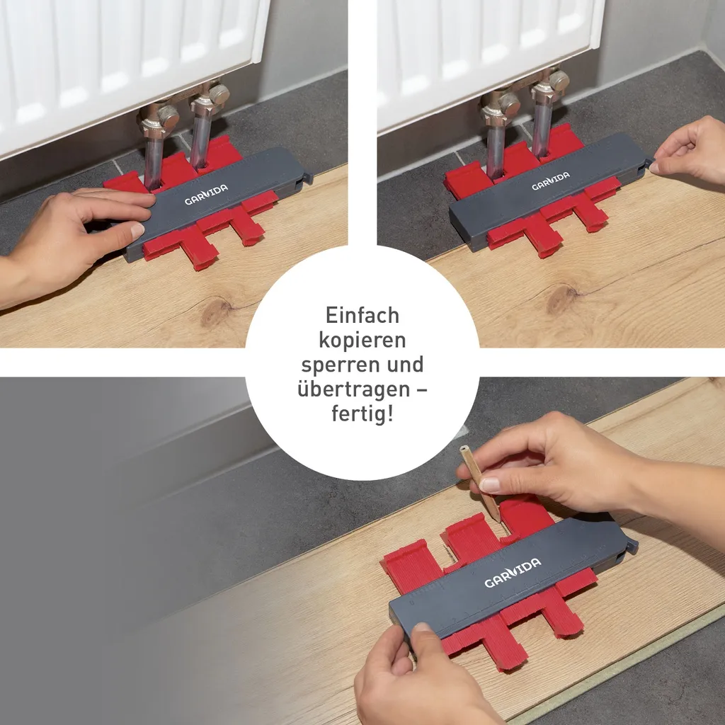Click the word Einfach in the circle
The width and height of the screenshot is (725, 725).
coord(362,316)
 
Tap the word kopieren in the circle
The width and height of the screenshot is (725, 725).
coord(362,341)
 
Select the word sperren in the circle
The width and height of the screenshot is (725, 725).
coord(336,365)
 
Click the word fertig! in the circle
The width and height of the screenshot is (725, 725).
coord(362,413)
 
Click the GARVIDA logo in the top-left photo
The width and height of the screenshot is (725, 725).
coord(206,194)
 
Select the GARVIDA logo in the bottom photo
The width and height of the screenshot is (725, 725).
coord(513,572)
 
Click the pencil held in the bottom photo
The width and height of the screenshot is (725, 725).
coord(480,483)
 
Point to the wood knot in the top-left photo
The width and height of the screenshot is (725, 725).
coord(215,311)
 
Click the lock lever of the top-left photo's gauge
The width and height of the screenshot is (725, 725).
coord(307,178)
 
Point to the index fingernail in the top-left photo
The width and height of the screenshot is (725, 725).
coord(137,229)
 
